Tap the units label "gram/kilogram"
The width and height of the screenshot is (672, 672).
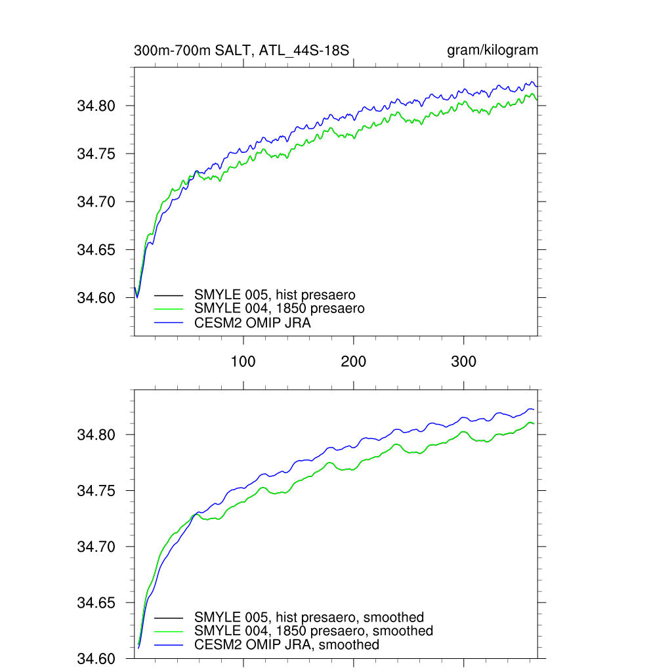492,51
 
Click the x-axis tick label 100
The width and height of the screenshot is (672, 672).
243,362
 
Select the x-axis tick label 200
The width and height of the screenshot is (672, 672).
354,362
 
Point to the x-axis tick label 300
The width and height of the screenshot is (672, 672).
464,362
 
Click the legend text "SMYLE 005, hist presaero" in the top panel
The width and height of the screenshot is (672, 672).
275,295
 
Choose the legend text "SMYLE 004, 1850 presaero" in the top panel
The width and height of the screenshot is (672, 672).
280,308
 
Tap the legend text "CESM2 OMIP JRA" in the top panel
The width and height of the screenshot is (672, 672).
253,323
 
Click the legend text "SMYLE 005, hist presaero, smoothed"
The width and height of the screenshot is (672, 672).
309,618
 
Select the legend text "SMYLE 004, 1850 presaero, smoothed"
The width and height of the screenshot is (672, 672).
314,631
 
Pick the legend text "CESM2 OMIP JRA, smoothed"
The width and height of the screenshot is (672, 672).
287,645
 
